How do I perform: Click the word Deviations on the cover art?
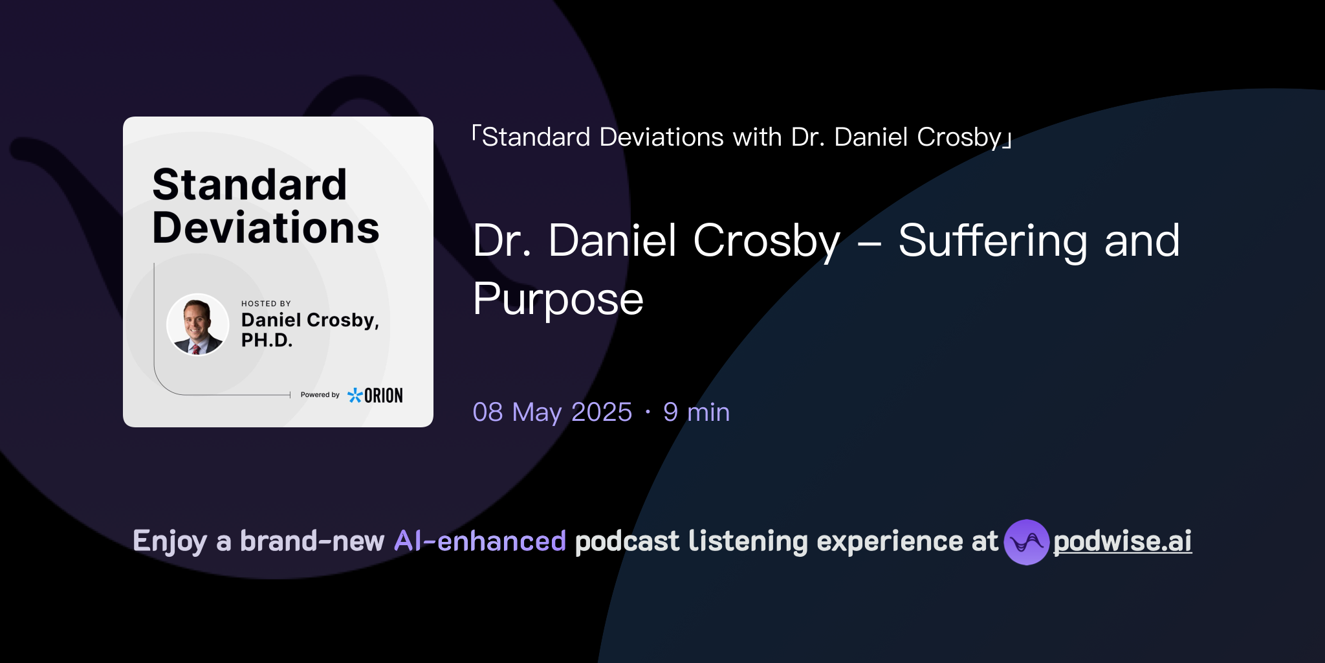pos(265,228)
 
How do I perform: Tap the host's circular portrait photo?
pos(197,325)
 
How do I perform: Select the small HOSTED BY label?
pos(266,304)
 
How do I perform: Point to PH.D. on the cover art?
pos(267,340)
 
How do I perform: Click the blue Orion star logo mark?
pos(355,395)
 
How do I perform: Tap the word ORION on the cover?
pos(384,396)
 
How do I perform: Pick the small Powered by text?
pos(320,395)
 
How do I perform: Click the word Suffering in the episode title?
pos(992,241)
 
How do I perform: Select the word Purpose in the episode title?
pos(558,299)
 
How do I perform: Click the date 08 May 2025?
pos(552,412)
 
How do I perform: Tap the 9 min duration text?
pos(696,412)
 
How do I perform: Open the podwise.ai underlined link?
pos(1122,541)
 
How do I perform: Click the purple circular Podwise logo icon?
pos(1026,542)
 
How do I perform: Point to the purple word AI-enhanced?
pos(480,541)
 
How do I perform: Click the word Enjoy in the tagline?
pos(170,541)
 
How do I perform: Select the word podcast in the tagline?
pos(627,541)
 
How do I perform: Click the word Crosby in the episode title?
pos(767,241)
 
